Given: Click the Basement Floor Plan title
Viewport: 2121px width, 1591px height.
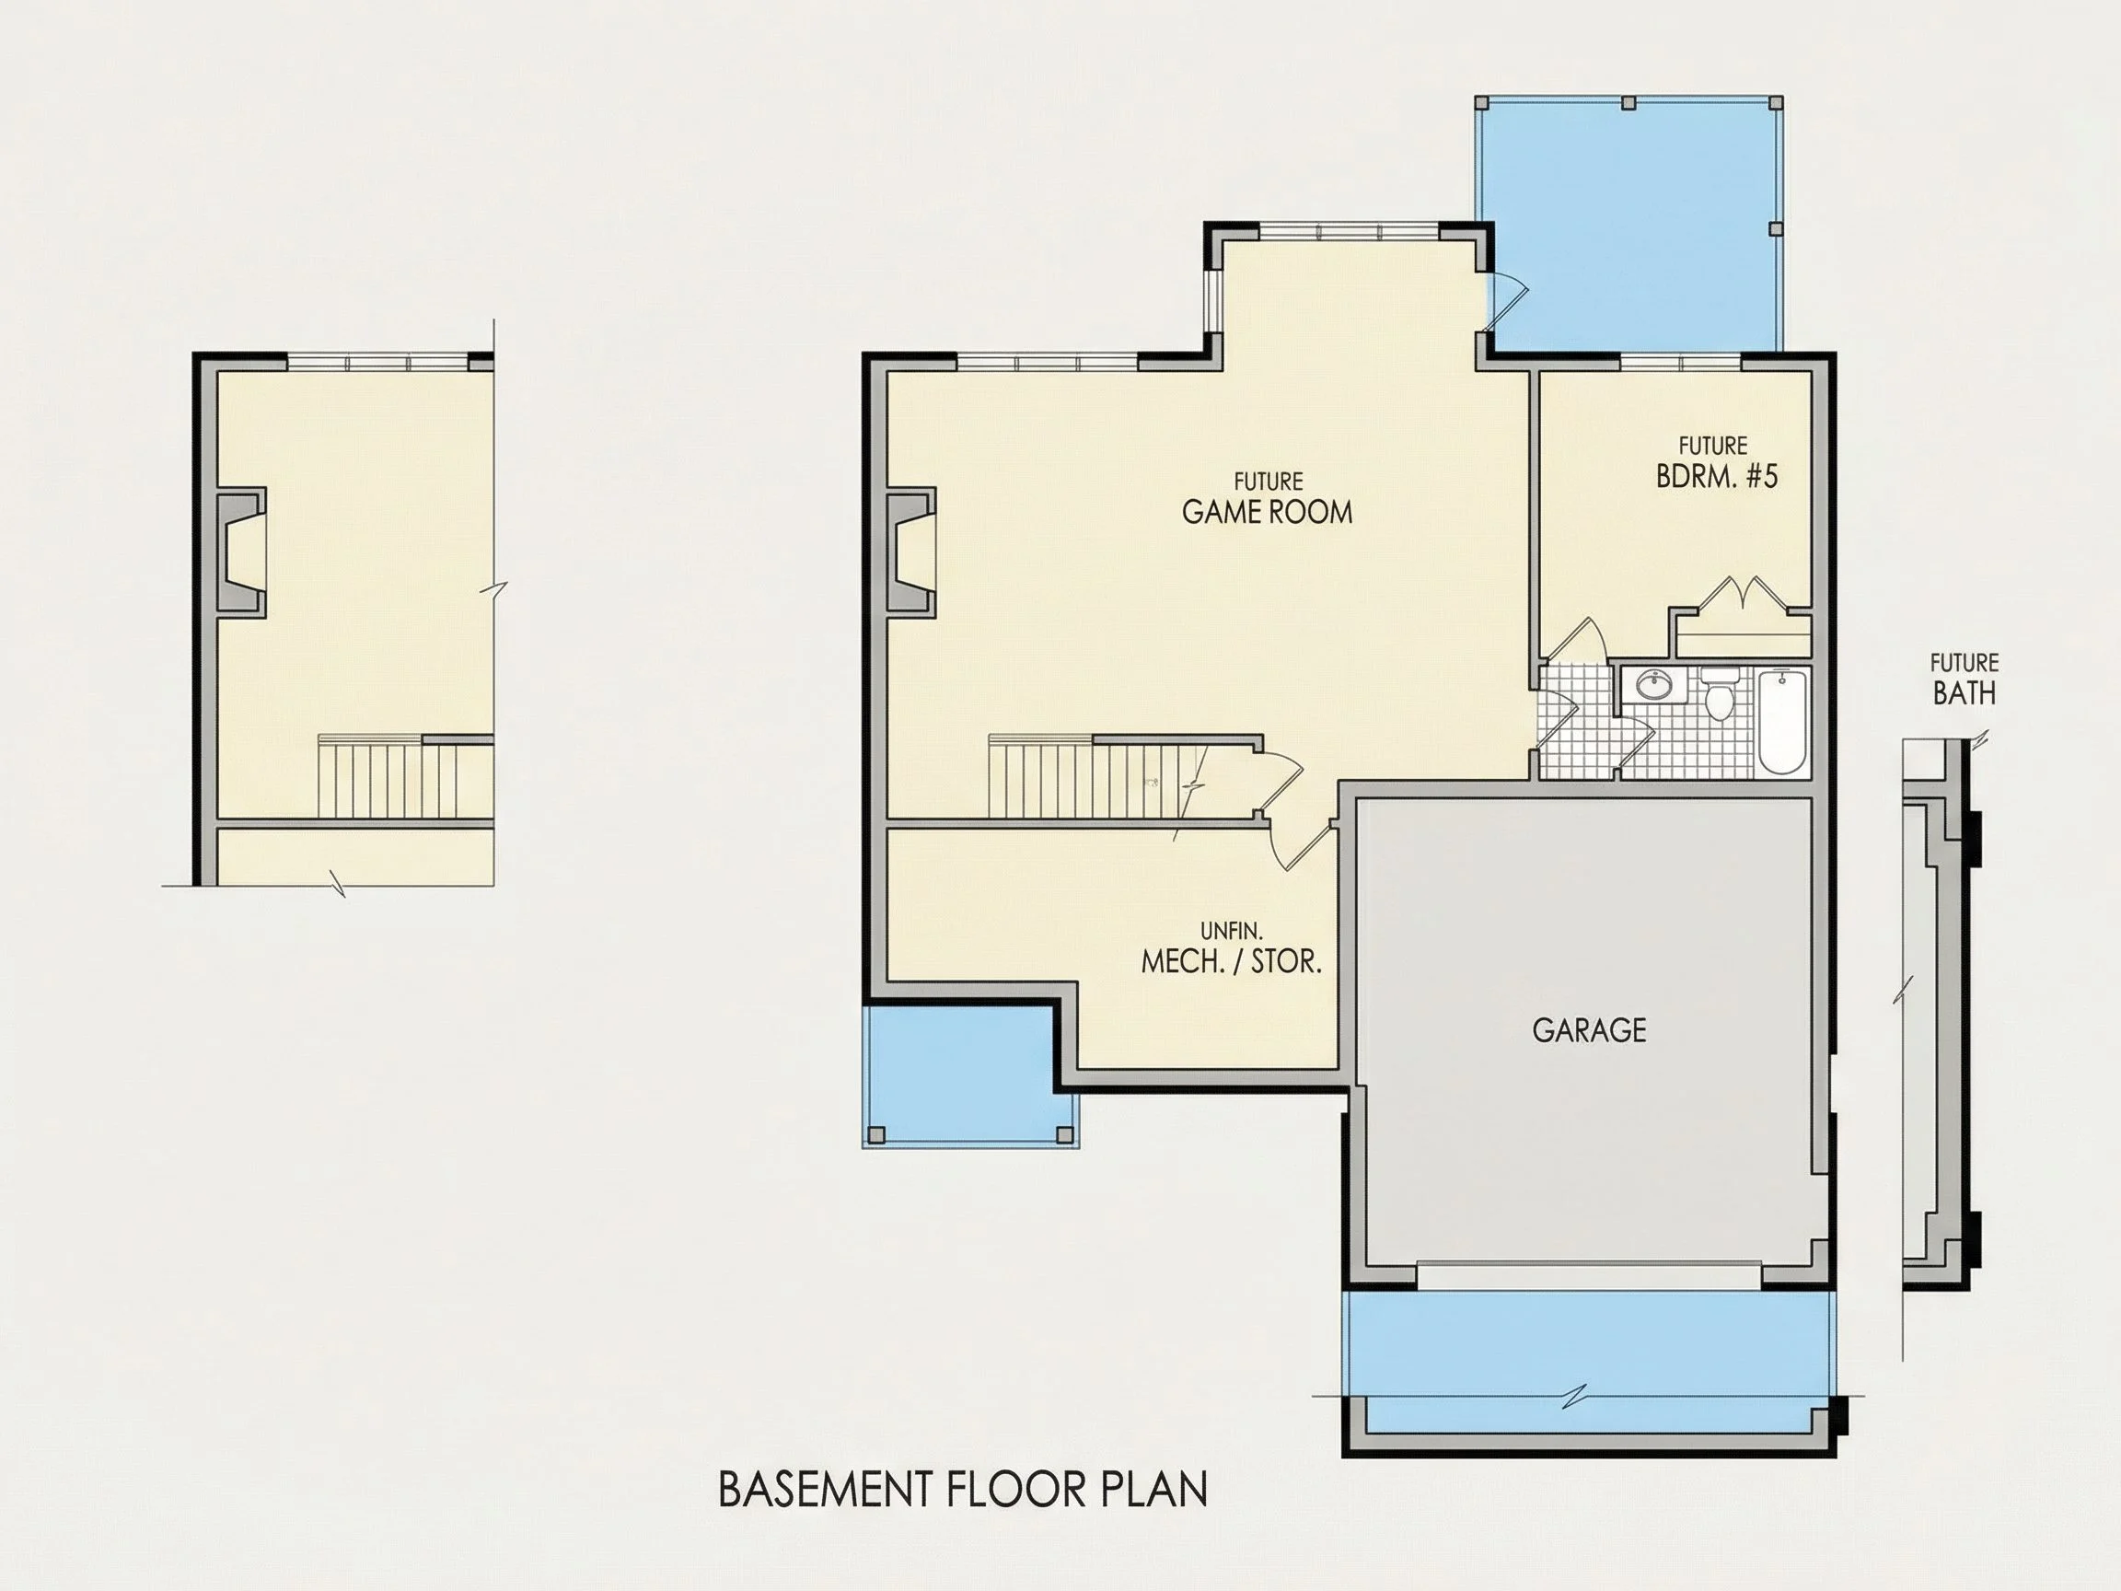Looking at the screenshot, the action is [x=963, y=1490].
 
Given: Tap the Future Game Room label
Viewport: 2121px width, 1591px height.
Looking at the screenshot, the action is [x=1268, y=500].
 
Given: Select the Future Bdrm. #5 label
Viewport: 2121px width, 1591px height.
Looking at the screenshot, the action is [x=1716, y=463].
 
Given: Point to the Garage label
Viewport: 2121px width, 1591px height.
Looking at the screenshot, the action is [x=1589, y=1030].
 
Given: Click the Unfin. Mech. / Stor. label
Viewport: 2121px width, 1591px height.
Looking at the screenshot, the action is [x=1231, y=948].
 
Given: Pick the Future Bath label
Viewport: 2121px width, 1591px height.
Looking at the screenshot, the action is [x=1965, y=679].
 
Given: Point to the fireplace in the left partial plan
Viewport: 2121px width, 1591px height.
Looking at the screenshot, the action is [x=241, y=552].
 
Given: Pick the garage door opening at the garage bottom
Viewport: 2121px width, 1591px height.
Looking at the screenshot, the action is [x=1589, y=1275].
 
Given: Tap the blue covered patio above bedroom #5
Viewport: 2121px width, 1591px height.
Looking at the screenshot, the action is [x=1630, y=226].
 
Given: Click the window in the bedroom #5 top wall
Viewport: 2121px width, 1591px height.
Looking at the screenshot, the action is [x=1680, y=362].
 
